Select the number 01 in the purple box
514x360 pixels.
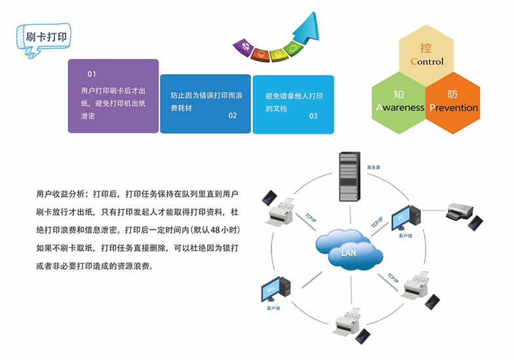click(92, 73)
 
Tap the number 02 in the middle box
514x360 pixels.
click(232, 116)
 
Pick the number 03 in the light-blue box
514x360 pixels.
click(313, 116)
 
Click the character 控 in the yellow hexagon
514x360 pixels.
click(426, 48)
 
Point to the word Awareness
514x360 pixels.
click(400, 108)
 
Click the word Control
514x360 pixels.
click(427, 62)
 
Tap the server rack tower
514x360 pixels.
click(349, 176)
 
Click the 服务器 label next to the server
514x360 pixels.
click(374, 168)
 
